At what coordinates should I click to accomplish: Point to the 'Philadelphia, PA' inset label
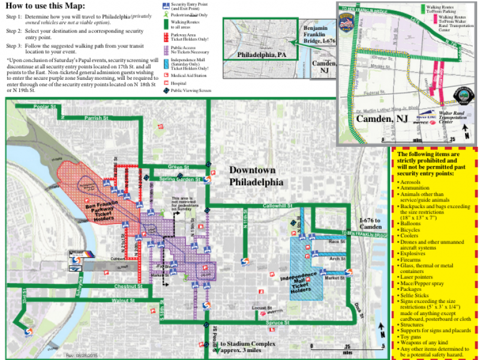point(262,54)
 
